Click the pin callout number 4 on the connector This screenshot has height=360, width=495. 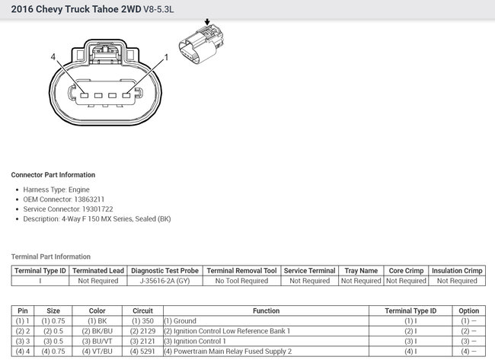(53, 57)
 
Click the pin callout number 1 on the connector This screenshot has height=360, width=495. (166, 57)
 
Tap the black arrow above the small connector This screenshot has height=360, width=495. (207, 22)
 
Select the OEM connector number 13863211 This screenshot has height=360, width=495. (89, 199)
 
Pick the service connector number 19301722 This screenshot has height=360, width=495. (97, 209)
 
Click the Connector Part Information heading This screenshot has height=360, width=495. (53, 175)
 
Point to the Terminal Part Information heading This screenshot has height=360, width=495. (51, 256)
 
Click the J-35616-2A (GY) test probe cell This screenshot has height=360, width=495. (164, 281)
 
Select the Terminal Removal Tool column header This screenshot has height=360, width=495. (242, 271)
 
